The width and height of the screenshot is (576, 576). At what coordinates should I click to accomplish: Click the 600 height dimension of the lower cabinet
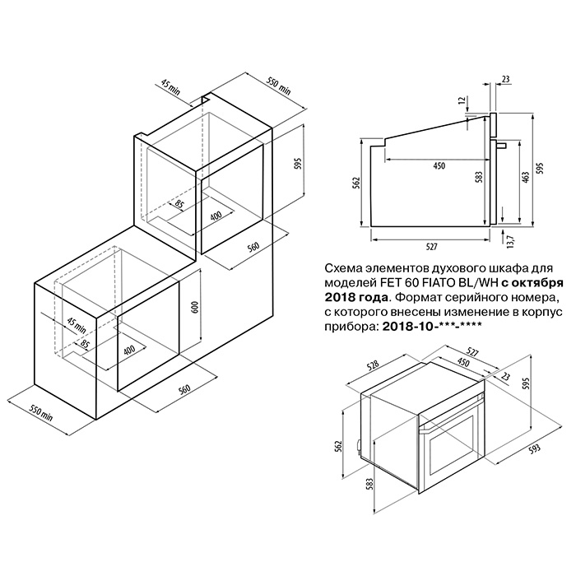coord(195,307)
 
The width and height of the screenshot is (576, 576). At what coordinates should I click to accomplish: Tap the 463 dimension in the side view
coord(526,179)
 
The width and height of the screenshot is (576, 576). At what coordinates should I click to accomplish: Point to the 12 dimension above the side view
coord(462,100)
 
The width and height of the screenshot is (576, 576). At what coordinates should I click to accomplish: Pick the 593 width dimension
coord(536,448)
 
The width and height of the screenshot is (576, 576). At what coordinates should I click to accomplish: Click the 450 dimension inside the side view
coord(439,165)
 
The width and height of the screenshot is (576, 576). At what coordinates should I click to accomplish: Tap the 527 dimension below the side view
coord(431,247)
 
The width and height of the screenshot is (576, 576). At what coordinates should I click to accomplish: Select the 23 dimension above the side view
coord(505,79)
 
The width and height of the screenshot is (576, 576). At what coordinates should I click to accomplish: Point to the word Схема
coord(342,268)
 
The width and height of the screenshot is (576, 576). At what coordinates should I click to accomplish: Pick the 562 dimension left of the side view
coord(359,183)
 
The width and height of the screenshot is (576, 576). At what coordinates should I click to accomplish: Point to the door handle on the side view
coord(501,146)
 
